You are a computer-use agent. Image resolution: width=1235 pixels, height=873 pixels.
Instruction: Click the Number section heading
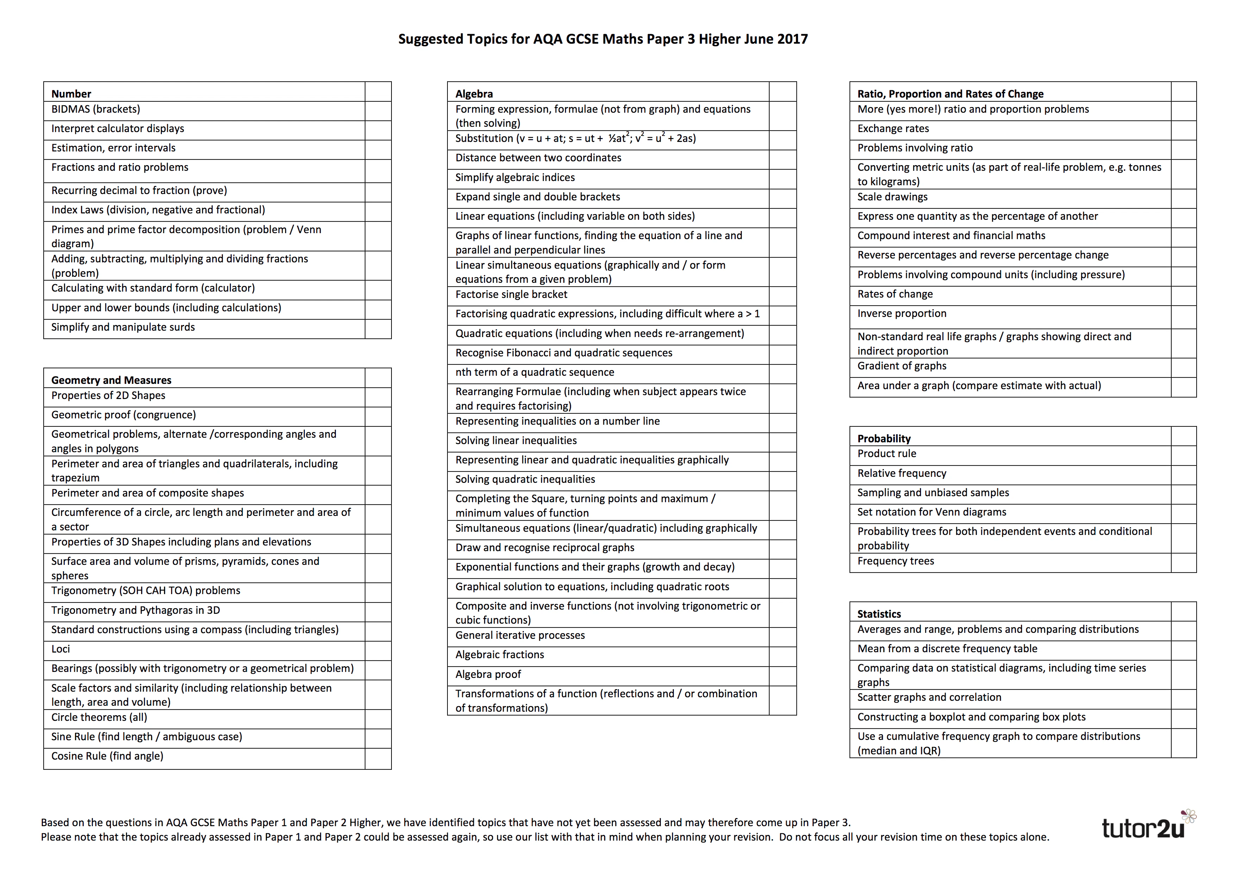click(71, 94)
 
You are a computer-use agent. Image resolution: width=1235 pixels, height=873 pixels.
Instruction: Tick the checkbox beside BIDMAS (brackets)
click(378, 111)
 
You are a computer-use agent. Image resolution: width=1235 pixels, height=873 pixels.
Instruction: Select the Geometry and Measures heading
click(111, 380)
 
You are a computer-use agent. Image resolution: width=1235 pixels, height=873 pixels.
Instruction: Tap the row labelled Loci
click(61, 649)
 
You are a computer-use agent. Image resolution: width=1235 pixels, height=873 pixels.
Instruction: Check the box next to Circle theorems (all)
click(378, 719)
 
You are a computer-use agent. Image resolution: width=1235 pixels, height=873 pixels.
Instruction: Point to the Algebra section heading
click(474, 94)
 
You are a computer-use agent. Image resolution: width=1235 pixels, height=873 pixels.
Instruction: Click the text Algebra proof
click(488, 674)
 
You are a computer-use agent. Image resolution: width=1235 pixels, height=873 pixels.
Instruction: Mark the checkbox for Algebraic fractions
click(782, 656)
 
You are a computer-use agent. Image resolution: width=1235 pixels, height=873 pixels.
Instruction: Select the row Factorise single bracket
click(511, 294)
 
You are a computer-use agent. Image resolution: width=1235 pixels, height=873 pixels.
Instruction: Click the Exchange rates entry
click(893, 129)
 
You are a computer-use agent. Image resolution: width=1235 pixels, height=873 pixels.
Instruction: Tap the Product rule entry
click(886, 454)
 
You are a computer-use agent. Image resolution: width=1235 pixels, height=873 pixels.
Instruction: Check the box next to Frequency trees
click(1183, 563)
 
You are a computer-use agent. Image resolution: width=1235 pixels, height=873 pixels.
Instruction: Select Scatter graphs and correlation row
click(929, 697)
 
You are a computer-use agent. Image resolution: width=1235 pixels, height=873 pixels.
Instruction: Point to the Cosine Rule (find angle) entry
click(107, 756)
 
